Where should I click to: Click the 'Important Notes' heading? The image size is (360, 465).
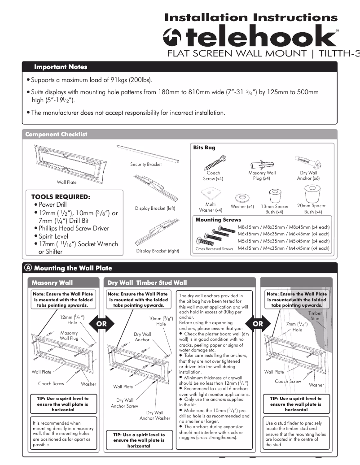click(x=61, y=67)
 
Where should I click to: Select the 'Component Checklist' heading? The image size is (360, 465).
click(x=56, y=134)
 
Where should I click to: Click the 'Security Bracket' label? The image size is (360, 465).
click(x=146, y=165)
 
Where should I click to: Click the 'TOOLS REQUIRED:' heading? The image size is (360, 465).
click(x=61, y=197)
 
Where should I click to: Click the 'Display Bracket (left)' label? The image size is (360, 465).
click(x=155, y=209)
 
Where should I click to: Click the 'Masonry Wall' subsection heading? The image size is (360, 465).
click(x=52, y=283)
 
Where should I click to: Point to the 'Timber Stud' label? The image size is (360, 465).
click(x=315, y=316)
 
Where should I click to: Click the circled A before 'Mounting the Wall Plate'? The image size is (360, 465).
click(x=29, y=268)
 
